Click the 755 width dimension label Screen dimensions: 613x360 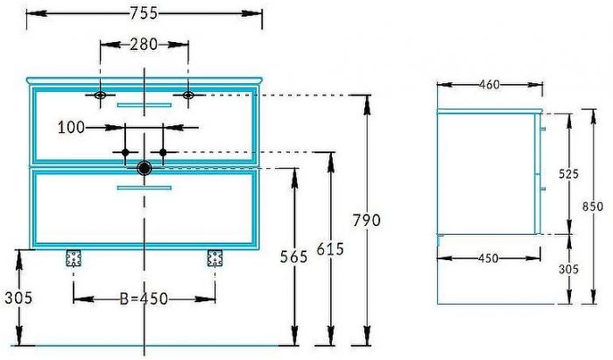144,13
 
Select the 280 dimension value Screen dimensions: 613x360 144,45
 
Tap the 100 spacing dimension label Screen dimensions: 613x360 71,127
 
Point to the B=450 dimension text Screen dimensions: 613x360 144,299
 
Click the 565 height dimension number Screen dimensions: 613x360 294,257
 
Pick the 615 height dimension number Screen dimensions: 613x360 330,249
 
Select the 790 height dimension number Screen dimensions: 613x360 367,221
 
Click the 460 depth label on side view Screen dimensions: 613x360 489,84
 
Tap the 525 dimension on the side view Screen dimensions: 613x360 568,174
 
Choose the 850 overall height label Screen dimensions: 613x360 593,206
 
